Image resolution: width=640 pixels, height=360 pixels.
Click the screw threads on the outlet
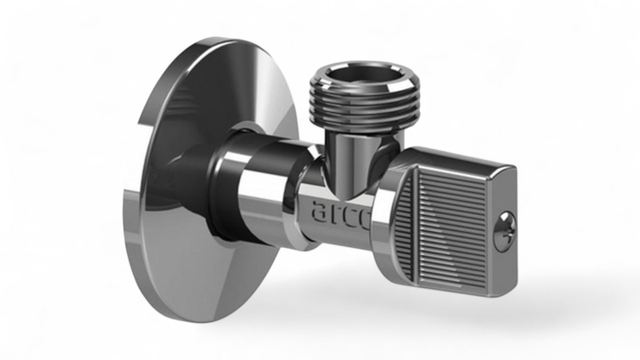[365, 109]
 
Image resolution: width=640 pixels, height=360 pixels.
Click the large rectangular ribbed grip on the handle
[451, 229]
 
